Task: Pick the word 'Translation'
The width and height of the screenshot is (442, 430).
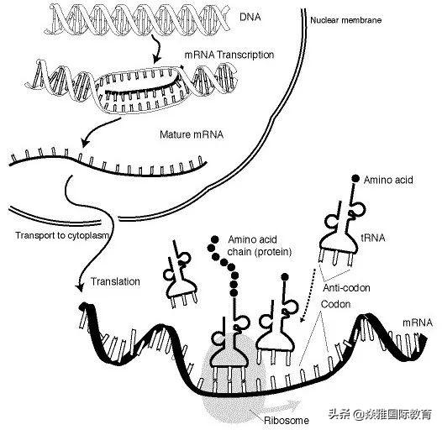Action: (116, 281)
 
